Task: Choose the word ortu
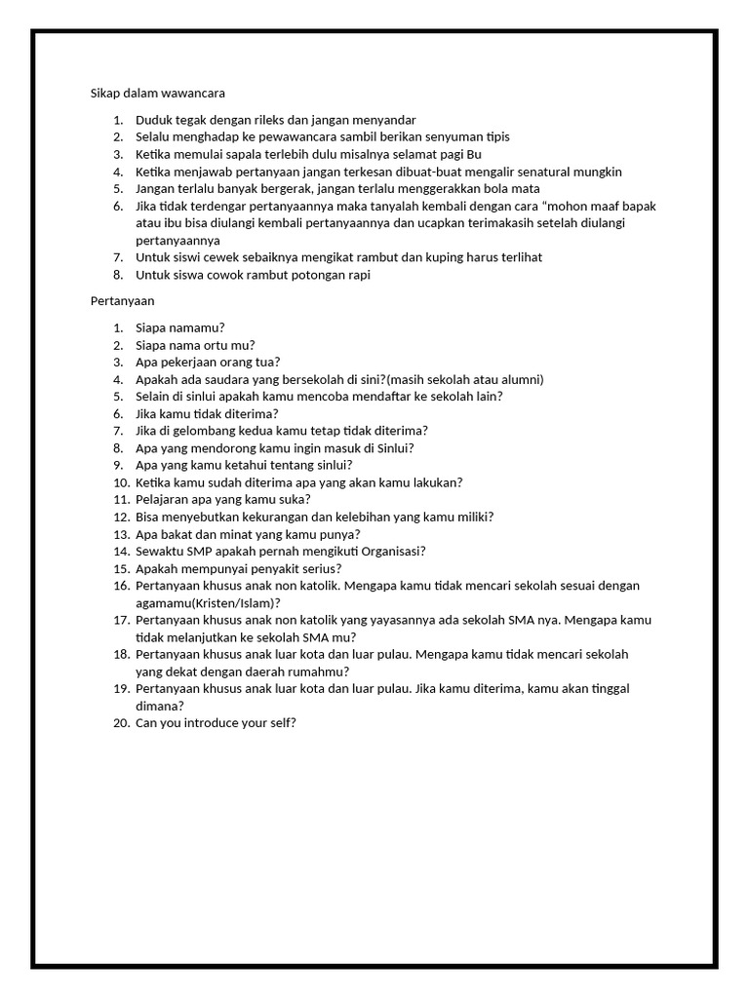(x=215, y=345)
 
